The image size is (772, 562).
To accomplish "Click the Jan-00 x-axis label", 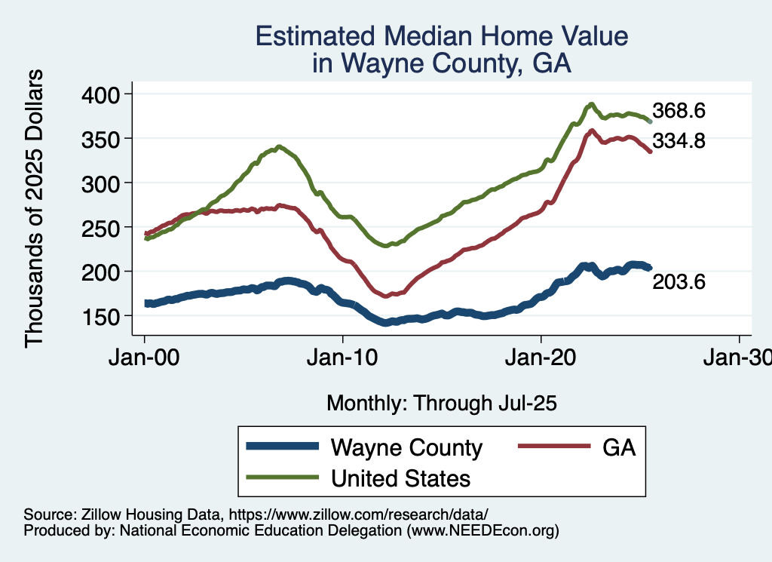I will click(145, 357).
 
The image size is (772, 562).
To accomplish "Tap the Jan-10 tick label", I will click(343, 357).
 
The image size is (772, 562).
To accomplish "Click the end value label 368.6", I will click(679, 111).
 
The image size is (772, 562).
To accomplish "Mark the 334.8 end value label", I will click(679, 140).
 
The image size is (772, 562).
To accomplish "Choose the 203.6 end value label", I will click(679, 282).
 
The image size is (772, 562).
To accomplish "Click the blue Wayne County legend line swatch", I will click(281, 447).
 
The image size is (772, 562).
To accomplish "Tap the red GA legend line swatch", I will click(553, 447).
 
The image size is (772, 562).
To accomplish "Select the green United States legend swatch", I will click(281, 478).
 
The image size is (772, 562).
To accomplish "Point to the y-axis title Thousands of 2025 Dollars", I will click(35, 208).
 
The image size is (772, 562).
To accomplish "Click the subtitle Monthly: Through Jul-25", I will click(441, 404).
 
